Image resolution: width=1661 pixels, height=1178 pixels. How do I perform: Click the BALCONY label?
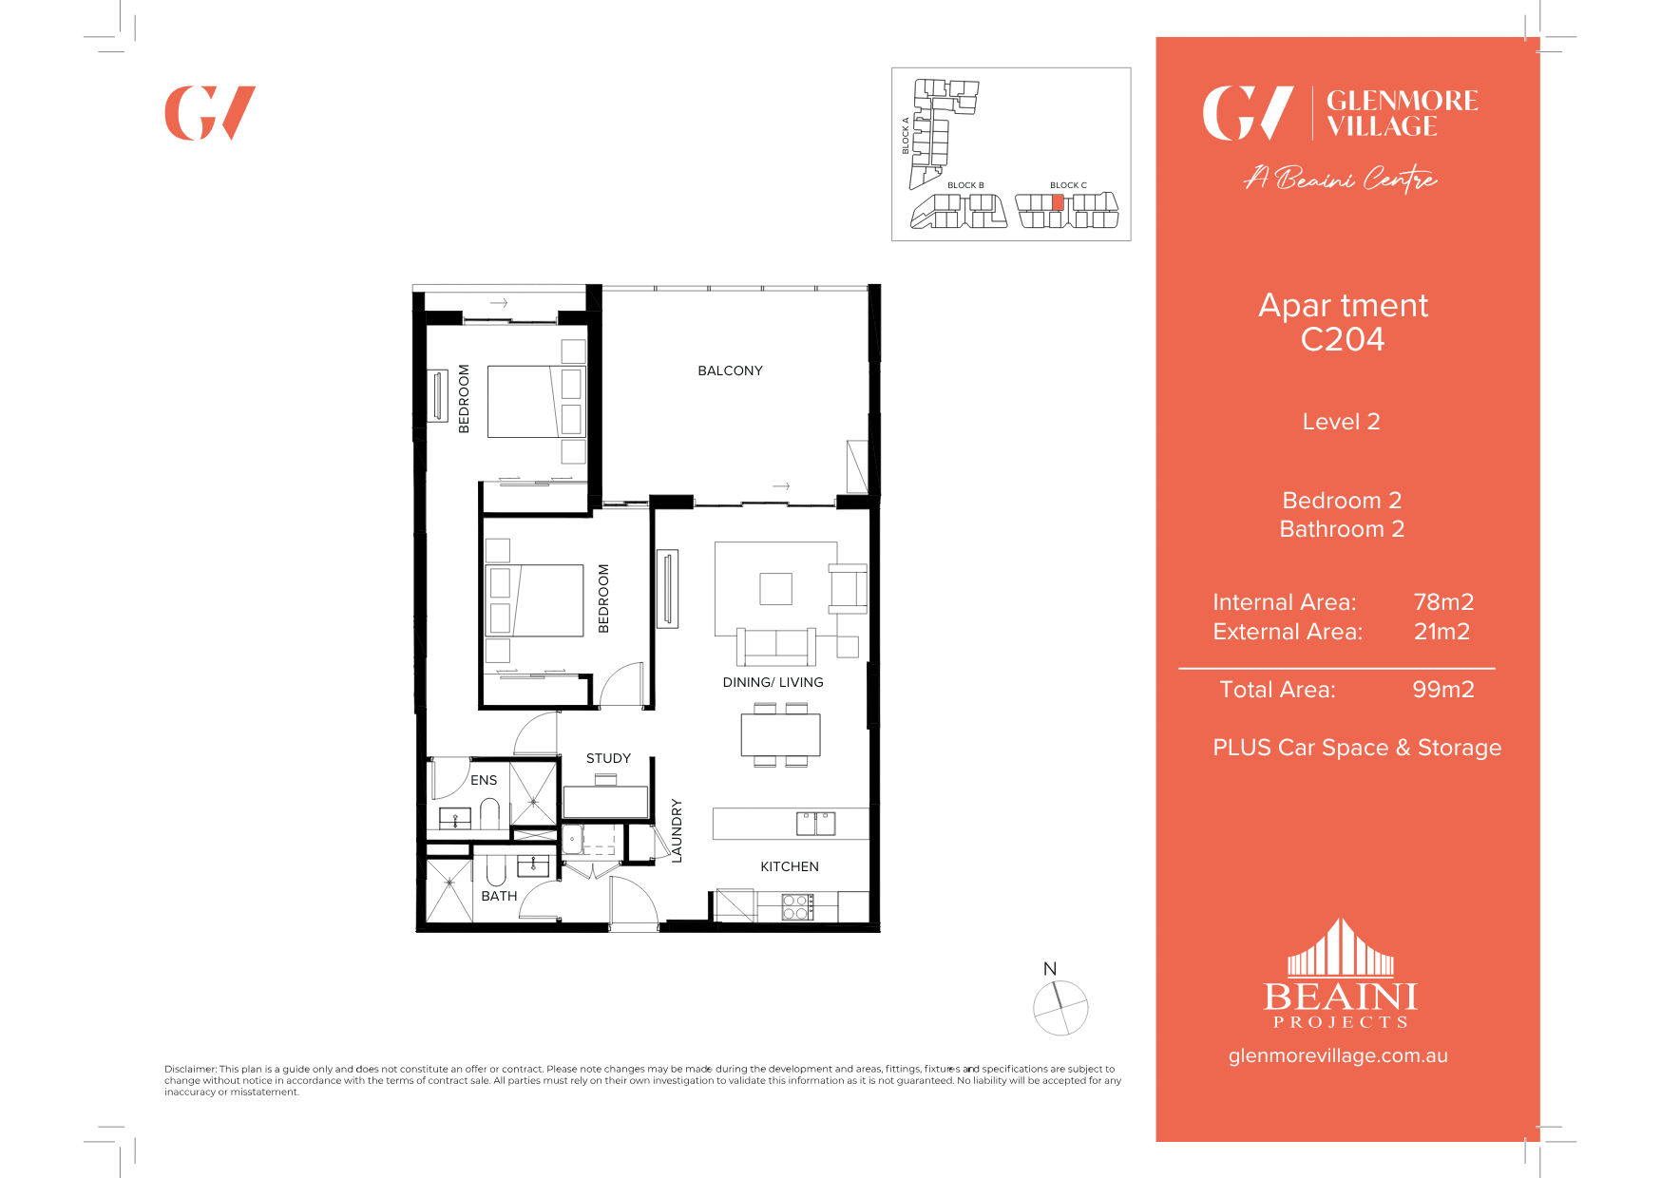(730, 370)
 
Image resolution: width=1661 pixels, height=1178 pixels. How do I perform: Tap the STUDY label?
(608, 758)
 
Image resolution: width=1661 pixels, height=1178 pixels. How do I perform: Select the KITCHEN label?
(789, 866)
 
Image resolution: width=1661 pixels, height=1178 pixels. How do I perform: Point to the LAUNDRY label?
(677, 830)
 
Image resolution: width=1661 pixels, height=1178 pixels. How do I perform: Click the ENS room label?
(484, 780)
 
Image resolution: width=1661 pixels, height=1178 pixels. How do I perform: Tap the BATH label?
(499, 896)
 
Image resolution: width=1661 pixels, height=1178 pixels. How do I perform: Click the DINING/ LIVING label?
(773, 682)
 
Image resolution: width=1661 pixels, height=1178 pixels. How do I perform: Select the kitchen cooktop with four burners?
(797, 907)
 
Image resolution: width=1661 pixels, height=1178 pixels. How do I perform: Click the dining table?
(780, 734)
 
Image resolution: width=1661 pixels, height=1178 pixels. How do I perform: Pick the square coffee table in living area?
(775, 589)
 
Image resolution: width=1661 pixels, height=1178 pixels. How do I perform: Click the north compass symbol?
(1060, 1007)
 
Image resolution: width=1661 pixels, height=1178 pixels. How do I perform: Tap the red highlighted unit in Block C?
(1058, 202)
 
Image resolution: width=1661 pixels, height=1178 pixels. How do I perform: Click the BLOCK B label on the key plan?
(965, 185)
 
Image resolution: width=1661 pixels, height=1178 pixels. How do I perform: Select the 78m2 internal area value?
(1442, 602)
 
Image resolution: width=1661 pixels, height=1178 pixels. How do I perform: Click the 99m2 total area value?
(1442, 690)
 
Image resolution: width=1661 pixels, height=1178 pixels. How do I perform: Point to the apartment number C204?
(1342, 340)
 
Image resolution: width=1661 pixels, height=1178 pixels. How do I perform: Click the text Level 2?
(1341, 422)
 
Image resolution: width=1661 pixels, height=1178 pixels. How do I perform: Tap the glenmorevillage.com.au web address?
(1338, 1055)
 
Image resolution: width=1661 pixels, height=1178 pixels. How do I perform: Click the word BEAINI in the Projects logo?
(1340, 997)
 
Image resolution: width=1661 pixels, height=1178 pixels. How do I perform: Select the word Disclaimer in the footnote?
(190, 1069)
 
